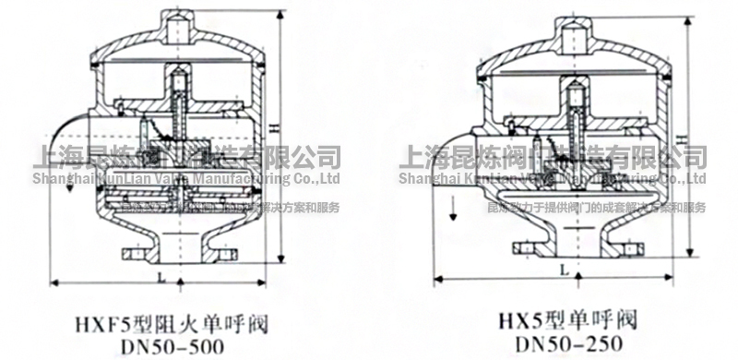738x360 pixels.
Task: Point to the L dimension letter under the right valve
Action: point(562,270)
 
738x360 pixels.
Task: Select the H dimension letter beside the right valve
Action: point(683,137)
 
